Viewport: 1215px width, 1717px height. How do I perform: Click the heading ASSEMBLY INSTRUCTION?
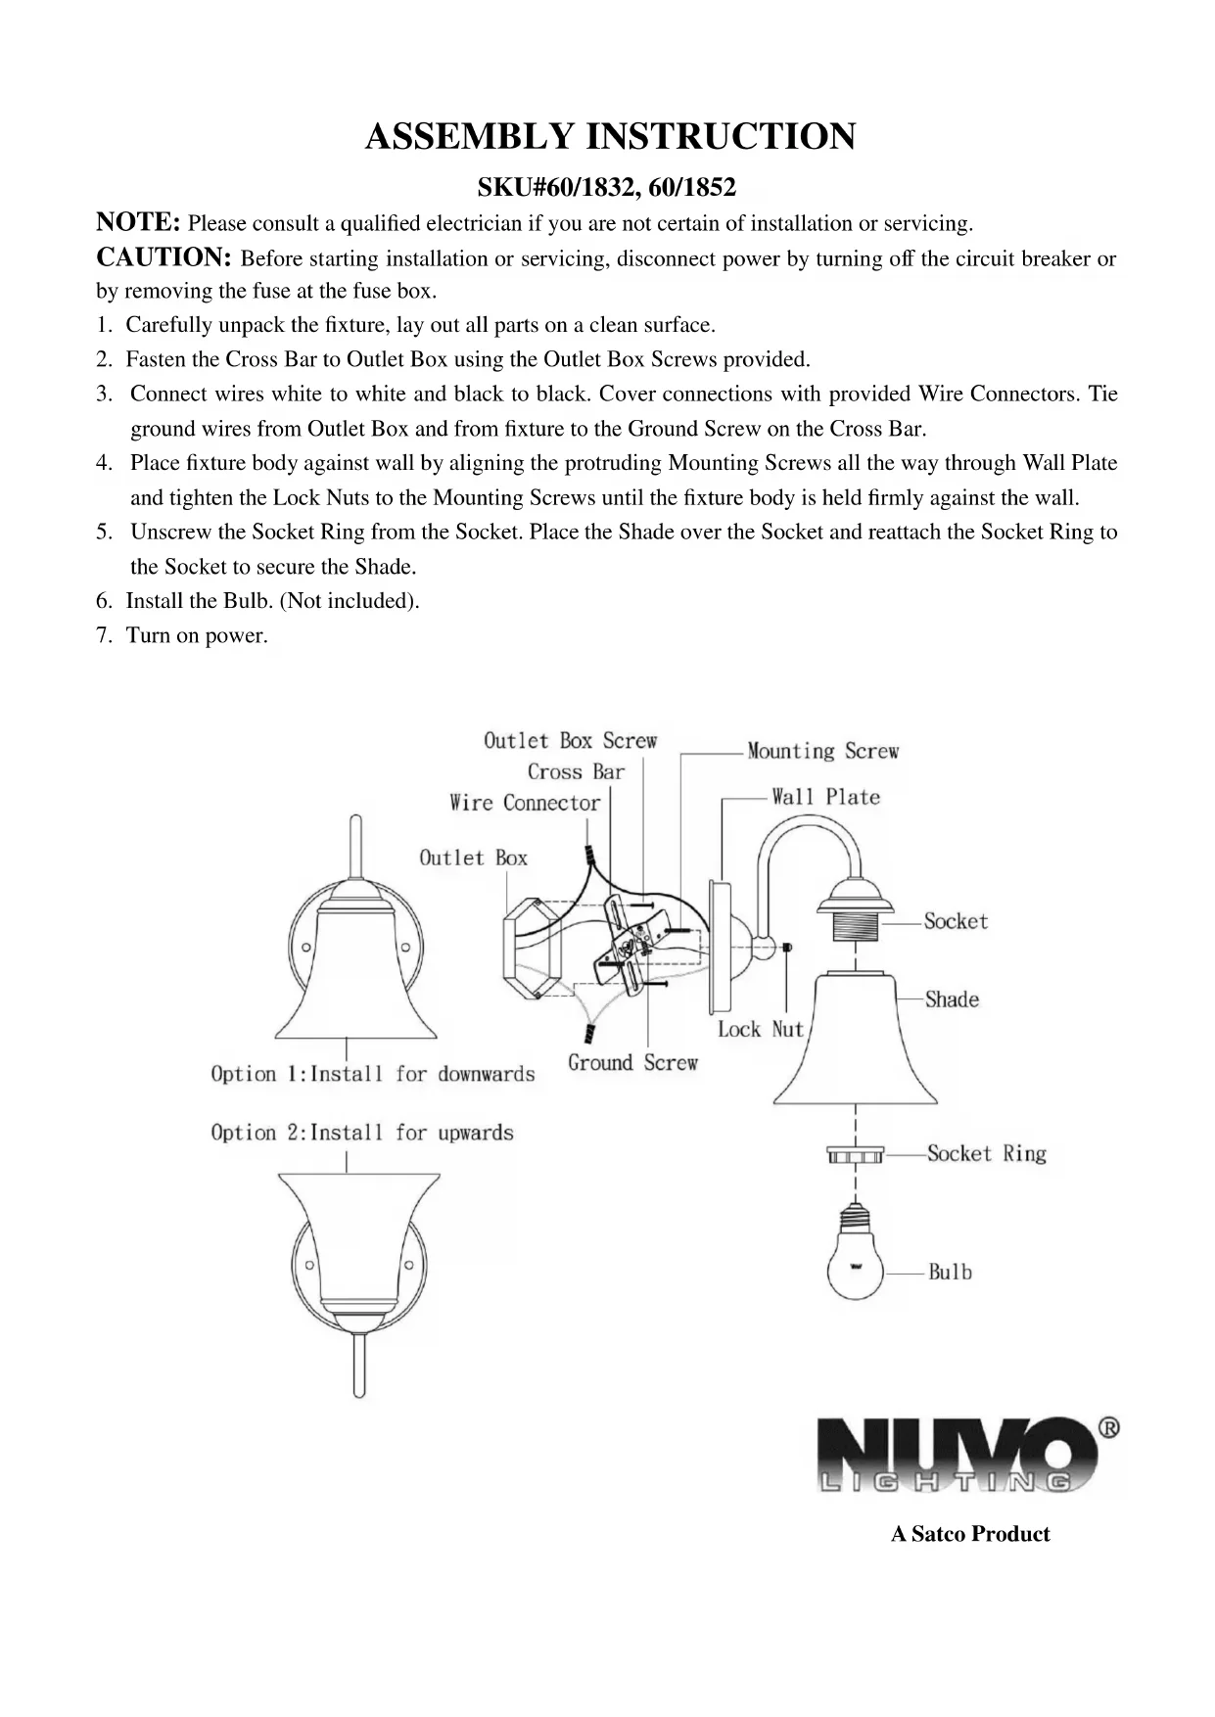point(609,136)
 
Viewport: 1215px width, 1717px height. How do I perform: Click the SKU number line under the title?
point(606,186)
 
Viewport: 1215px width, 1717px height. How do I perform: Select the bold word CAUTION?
point(163,257)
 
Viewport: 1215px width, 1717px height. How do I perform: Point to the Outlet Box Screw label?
point(570,741)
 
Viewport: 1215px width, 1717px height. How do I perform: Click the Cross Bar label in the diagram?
point(575,772)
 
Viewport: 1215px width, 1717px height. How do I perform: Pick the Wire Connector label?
point(525,804)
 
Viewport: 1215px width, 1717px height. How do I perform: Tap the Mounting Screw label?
point(822,752)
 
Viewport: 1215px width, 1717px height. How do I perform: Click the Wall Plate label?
point(825,797)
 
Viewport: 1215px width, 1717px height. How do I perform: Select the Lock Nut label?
point(760,1029)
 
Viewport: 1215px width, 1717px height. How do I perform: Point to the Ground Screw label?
point(632,1063)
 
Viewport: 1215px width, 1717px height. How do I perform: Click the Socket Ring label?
point(986,1154)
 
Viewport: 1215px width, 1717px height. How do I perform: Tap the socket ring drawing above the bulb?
point(855,1156)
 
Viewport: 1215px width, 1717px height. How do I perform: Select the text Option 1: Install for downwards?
point(373,1074)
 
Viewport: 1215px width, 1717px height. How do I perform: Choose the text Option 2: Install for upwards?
point(362,1133)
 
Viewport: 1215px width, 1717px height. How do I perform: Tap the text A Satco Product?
point(969,1534)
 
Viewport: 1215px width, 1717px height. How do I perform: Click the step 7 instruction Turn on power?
point(196,635)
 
